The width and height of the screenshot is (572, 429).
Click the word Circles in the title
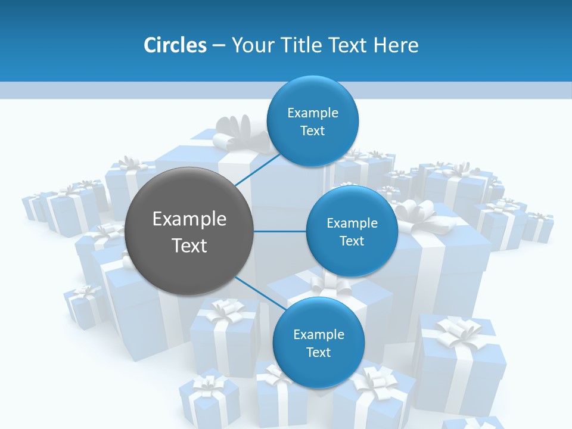click(175, 45)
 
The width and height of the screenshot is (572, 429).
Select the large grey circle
click(189, 231)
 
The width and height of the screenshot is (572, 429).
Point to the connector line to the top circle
click(258, 169)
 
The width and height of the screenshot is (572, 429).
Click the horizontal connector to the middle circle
click(279, 231)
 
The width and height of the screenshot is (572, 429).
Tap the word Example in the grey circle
click(189, 219)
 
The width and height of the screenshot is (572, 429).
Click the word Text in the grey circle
click(189, 245)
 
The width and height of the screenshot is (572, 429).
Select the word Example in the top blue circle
click(312, 113)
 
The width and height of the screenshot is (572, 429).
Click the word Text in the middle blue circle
click(352, 241)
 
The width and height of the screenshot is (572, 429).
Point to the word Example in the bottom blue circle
click(318, 334)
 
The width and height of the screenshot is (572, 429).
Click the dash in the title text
click(219, 45)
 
